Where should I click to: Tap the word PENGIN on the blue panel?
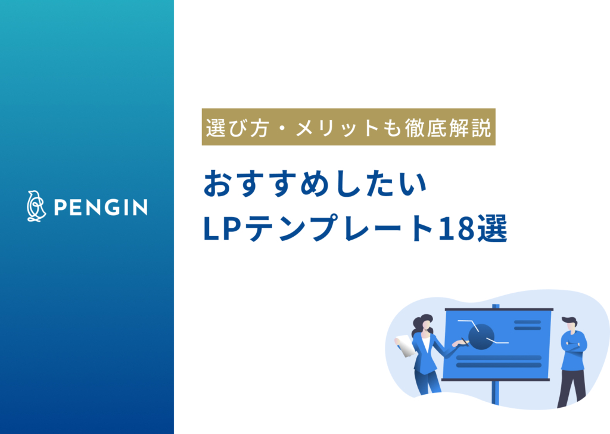[101, 207]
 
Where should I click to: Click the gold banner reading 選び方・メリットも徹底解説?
[348, 127]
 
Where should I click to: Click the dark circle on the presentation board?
[481, 336]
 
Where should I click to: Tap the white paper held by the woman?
[405, 345]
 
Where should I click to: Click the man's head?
[571, 324]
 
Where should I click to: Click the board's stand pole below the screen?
[495, 393]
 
